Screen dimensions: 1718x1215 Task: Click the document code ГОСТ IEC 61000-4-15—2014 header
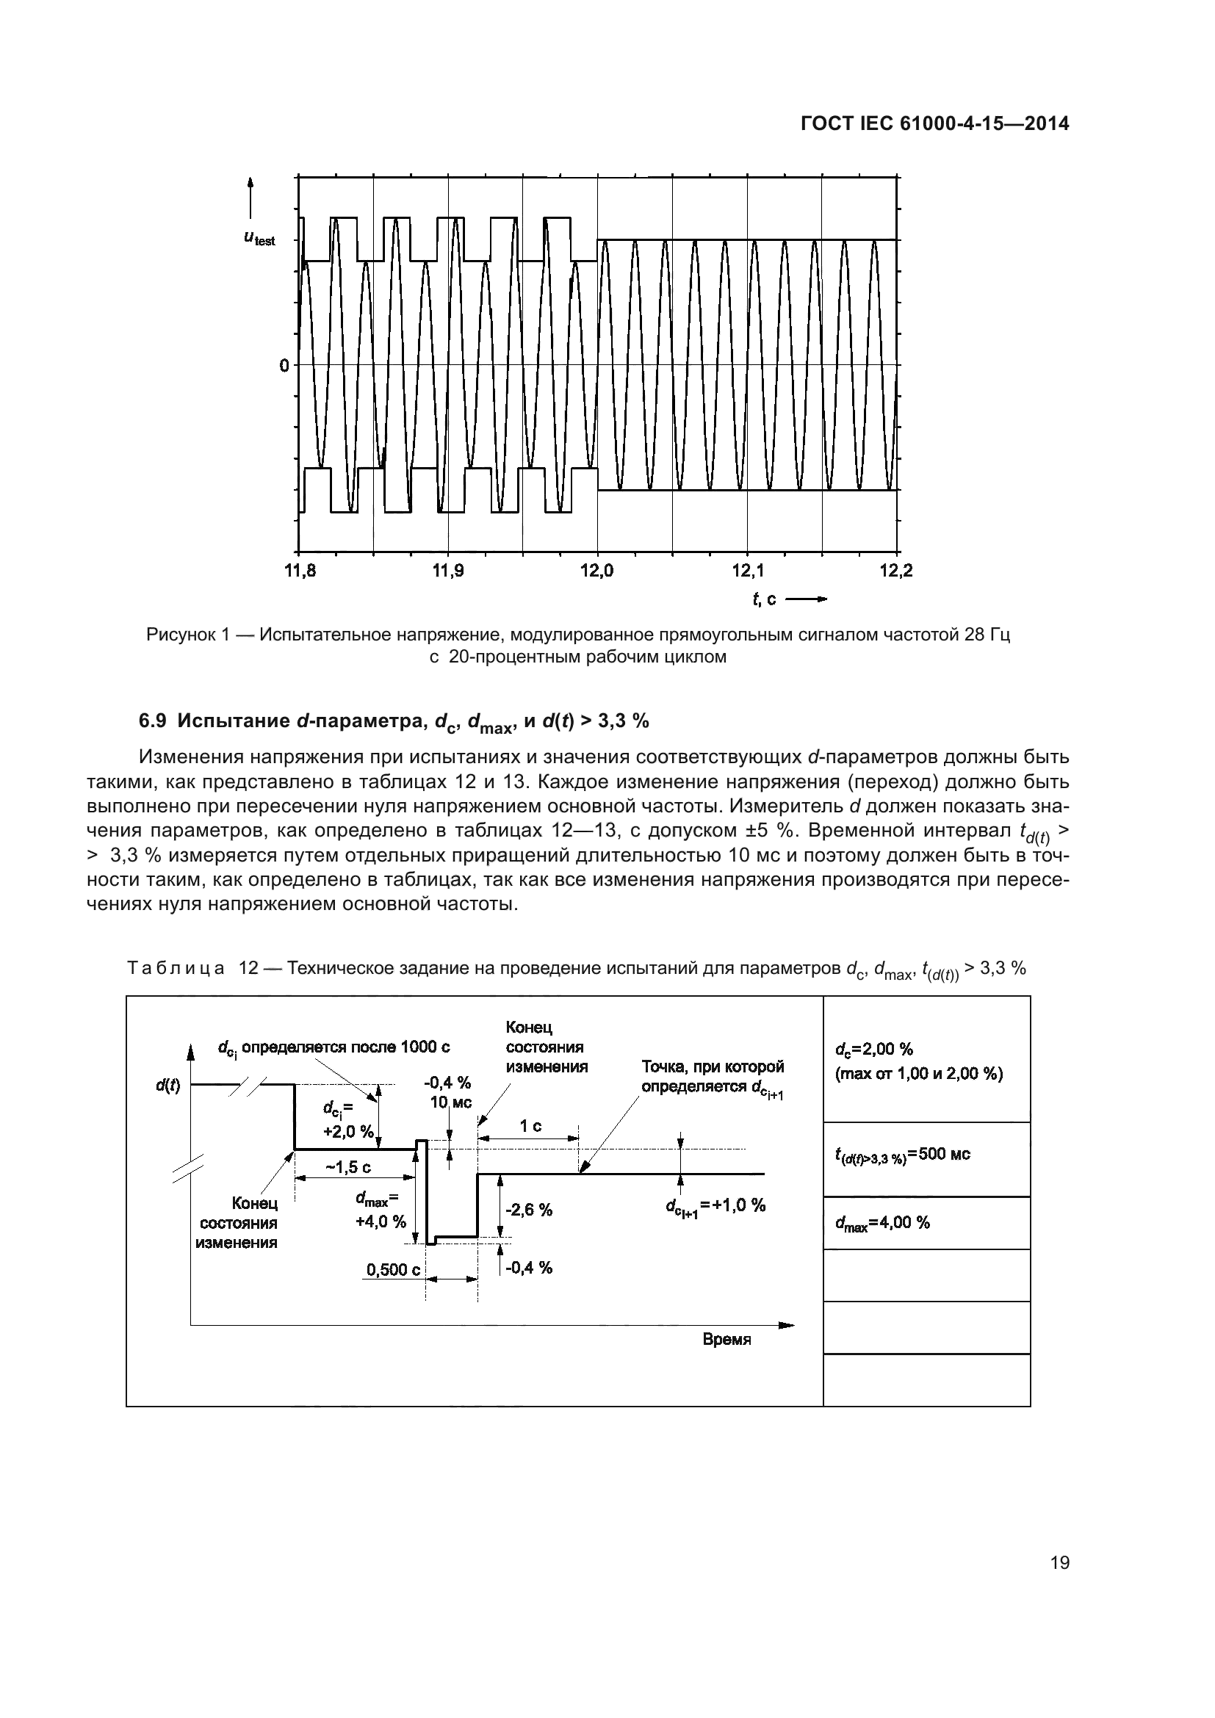934,124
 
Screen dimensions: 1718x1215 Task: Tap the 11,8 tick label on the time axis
300,571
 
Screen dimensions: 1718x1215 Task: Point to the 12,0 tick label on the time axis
597,571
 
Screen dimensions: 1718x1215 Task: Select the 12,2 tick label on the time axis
895,571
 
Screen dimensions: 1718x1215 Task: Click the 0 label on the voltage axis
284,366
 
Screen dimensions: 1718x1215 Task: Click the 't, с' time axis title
764,599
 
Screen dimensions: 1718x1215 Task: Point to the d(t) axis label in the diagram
167,1085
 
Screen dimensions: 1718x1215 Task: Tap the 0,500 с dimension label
394,1270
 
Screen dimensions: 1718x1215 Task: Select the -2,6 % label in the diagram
528,1210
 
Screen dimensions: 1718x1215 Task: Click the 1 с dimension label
530,1126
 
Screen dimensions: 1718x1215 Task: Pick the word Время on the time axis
727,1340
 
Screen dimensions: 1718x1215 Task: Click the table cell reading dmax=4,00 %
882,1223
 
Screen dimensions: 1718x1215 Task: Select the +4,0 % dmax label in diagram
380,1222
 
